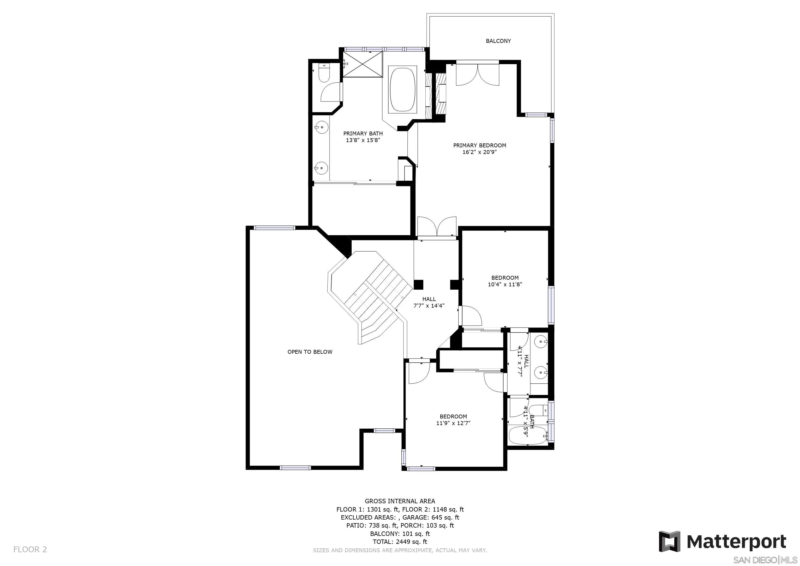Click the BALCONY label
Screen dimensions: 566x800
[498, 41]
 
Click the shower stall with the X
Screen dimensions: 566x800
[362, 64]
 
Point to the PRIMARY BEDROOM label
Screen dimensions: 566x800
[480, 145]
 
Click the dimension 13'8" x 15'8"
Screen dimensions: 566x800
[363, 140]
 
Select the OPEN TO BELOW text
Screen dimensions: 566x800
[310, 352]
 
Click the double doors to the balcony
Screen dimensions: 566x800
[478, 74]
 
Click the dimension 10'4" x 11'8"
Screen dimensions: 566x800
[505, 284]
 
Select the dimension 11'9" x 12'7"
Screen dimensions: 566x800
[453, 423]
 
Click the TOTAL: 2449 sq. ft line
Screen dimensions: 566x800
[400, 542]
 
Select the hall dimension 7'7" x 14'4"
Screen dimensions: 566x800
[429, 306]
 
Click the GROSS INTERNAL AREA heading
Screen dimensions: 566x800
[400, 501]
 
